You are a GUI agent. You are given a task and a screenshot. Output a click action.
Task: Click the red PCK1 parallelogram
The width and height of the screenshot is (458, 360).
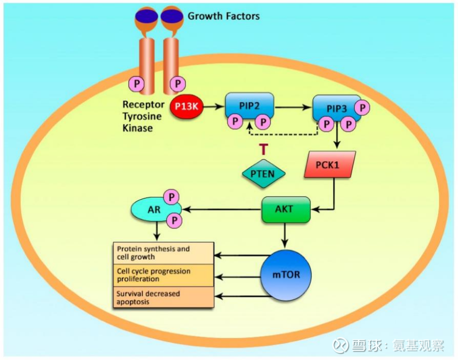(x=330, y=164)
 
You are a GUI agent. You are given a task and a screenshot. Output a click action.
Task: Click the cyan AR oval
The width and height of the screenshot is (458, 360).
(x=153, y=209)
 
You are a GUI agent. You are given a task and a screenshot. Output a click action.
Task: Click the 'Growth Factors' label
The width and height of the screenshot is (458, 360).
(x=223, y=16)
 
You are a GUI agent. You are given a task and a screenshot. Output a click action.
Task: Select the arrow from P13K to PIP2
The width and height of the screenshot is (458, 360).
(x=213, y=106)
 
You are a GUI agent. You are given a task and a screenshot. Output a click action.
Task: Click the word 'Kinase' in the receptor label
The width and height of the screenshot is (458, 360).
(x=137, y=128)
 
